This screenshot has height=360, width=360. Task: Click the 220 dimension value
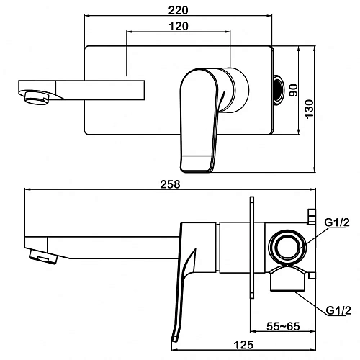(178, 10)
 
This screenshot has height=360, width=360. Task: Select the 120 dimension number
(179, 26)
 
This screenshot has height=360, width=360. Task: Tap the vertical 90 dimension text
(293, 90)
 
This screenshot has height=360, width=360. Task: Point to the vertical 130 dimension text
(310, 109)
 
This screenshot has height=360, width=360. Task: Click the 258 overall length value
(170, 184)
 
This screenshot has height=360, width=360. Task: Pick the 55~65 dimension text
(283, 326)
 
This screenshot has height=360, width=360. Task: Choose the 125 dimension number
(243, 345)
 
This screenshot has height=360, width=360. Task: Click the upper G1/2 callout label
(337, 222)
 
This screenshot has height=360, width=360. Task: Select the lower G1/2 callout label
(338, 310)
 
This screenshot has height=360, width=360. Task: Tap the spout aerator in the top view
(36, 97)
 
